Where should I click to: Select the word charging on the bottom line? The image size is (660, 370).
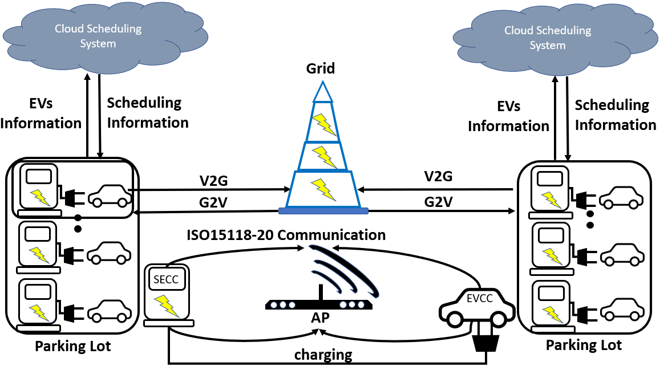pos(323,355)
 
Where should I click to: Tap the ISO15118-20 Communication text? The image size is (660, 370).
pos(287,234)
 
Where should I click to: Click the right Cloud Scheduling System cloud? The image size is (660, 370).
pos(547,38)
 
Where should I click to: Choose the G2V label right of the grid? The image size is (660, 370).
pos(439,202)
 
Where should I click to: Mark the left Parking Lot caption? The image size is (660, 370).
pos(73,345)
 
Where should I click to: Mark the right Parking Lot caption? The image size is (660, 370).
pos(584,345)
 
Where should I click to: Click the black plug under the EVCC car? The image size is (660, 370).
pos(486,341)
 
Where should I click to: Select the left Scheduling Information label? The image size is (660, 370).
pos(148,112)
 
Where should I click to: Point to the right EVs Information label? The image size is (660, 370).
pos(508,116)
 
